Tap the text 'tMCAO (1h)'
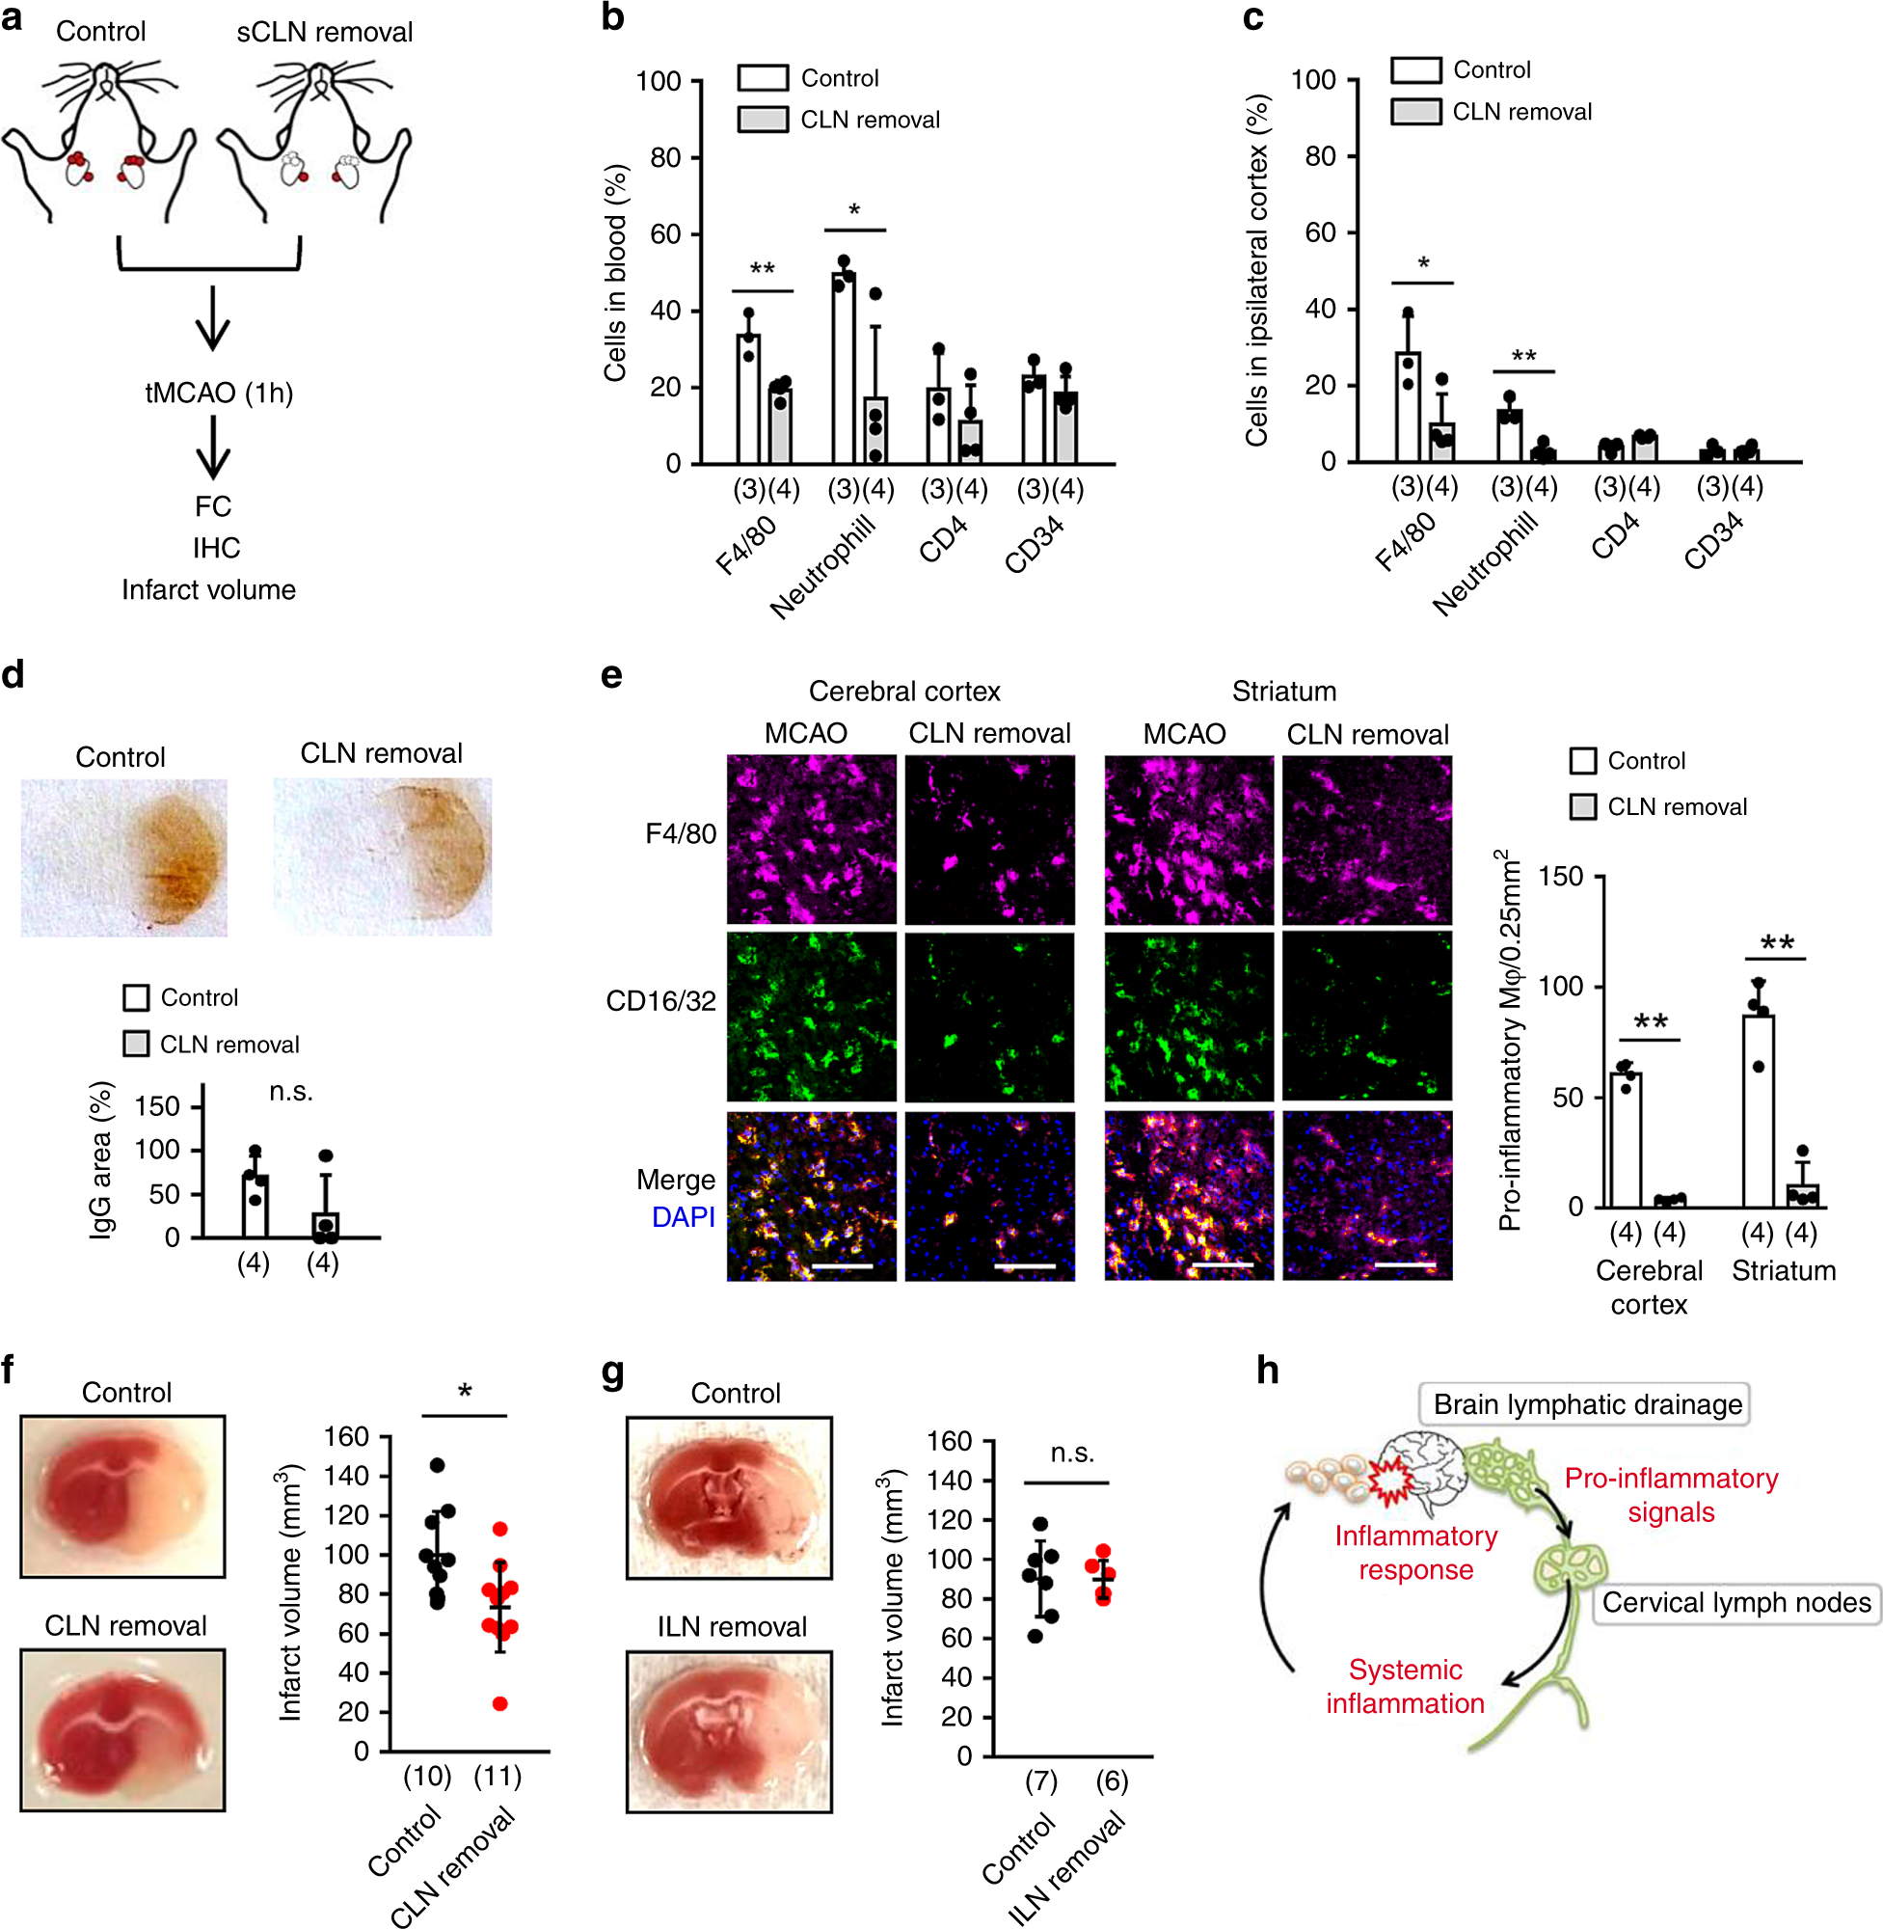[219, 393]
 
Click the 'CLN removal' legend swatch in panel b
[763, 120]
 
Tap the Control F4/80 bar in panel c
[1408, 407]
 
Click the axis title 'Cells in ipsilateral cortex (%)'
[1256, 270]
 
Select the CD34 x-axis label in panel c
[1713, 541]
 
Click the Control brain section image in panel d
[123, 856]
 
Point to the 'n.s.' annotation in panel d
[291, 1091]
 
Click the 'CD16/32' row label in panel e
[660, 1001]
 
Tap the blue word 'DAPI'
[683, 1217]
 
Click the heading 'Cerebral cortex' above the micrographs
[904, 691]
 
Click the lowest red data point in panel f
[500, 1703]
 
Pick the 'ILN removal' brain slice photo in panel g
[729, 1731]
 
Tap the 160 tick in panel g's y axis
[949, 1440]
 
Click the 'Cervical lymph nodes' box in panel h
[1735, 1602]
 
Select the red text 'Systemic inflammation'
[1405, 1687]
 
